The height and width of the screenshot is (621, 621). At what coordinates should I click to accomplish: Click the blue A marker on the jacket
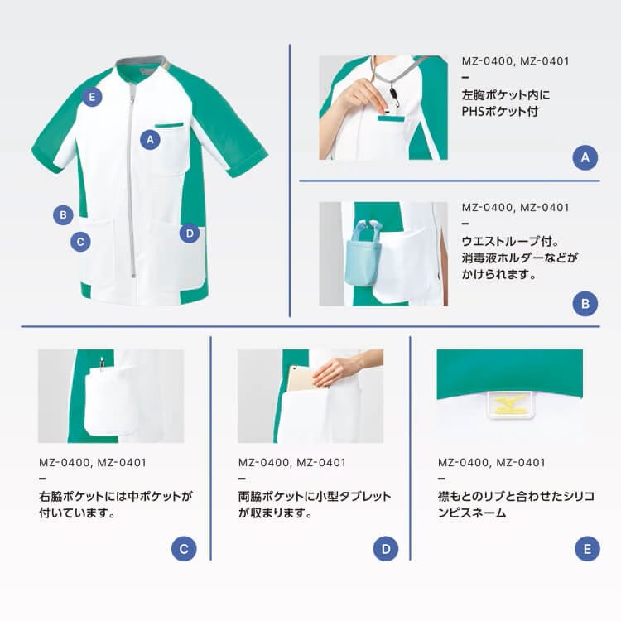(150, 139)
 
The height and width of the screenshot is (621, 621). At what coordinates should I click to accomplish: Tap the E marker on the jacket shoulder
(92, 97)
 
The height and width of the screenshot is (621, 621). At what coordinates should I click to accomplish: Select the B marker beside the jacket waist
(63, 215)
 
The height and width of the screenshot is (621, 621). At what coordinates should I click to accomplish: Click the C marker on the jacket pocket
(80, 242)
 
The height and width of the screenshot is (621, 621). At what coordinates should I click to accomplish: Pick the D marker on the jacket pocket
(190, 233)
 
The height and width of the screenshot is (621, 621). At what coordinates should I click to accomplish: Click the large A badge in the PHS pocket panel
(585, 157)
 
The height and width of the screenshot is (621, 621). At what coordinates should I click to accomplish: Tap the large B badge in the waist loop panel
(585, 304)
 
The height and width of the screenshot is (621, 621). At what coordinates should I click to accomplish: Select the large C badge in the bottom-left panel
(184, 549)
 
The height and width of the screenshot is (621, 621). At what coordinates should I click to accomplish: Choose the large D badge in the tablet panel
(386, 549)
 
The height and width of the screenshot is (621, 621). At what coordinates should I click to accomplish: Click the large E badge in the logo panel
(587, 549)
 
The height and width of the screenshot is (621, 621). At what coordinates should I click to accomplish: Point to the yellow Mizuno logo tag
(510, 404)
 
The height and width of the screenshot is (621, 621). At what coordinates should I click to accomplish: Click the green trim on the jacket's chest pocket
(169, 125)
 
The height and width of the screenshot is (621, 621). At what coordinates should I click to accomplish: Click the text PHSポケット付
(500, 111)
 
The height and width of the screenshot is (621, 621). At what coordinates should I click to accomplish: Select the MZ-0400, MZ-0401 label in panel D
(292, 463)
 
